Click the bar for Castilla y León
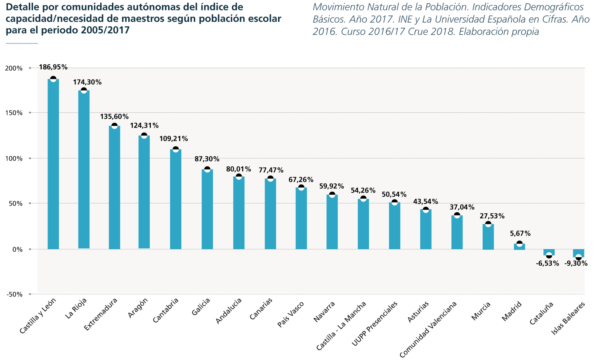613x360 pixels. tap(53, 164)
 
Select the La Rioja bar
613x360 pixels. tap(84, 169)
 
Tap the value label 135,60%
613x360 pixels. tap(114, 117)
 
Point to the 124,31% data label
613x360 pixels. tap(144, 125)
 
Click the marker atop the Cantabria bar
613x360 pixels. tap(176, 149)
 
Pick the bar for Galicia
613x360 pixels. tap(207, 209)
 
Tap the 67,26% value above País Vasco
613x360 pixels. tap(301, 180)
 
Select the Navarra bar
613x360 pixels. tap(332, 222)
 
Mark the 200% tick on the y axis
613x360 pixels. tap(14, 68)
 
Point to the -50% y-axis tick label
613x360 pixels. tap(14, 294)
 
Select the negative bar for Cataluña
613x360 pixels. tap(549, 252)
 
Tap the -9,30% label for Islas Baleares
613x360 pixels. tap(576, 263)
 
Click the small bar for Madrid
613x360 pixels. tap(519, 247)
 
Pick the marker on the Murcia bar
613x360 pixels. tap(488, 224)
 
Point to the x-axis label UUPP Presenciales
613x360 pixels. tap(375, 324)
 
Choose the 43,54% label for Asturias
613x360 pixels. tap(426, 201)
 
